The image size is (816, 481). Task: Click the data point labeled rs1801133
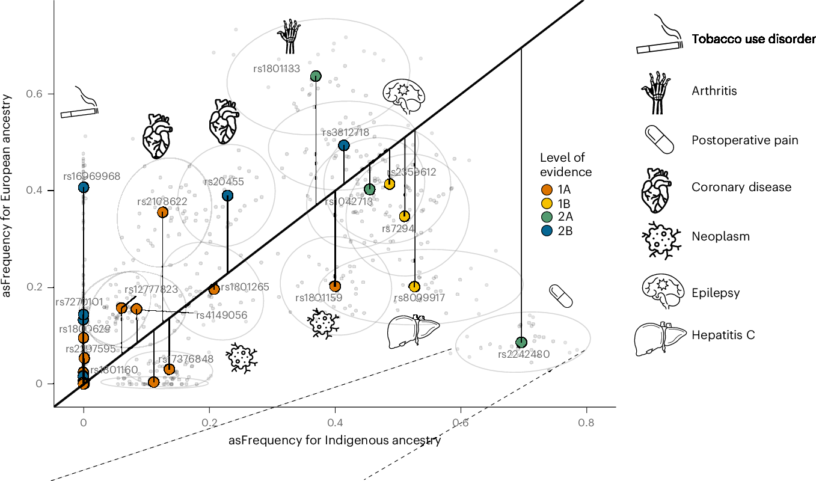coord(316,76)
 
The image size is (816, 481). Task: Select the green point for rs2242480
coord(521,343)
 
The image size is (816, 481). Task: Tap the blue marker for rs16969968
coord(84,188)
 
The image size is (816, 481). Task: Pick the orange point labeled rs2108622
coord(162,212)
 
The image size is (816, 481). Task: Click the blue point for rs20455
coord(227,195)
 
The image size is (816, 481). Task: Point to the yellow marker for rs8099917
coord(414,287)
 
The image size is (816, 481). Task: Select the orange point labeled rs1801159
coord(335,286)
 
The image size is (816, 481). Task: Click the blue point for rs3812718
coord(343,145)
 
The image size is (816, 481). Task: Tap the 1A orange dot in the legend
coord(546,189)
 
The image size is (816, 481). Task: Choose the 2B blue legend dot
coord(546,231)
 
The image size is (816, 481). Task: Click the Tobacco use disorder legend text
coord(753,40)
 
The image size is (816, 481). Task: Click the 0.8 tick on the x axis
coord(586,422)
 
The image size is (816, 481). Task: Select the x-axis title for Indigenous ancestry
coord(335,441)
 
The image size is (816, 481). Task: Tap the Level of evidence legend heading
coord(565,165)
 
